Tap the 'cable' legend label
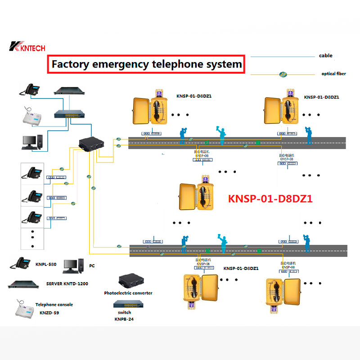[325, 56]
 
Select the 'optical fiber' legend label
[333, 74]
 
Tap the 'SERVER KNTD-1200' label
[67, 284]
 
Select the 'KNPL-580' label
[46, 264]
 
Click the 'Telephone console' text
[54, 305]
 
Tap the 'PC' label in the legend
[92, 266]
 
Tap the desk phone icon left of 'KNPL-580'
[20, 263]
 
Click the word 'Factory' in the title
[70, 64]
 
